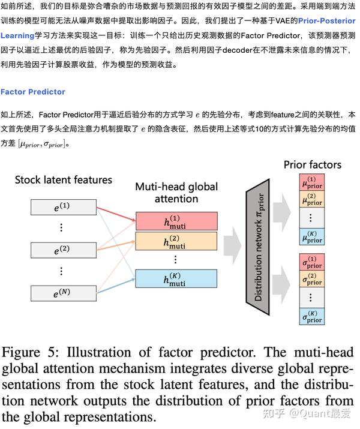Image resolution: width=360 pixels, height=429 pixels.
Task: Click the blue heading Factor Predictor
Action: pyautogui.click(x=33, y=92)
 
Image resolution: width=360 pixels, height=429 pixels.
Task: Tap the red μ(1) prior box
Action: pyautogui.click(x=311, y=182)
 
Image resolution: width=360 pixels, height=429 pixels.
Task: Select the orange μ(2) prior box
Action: pyautogui.click(x=311, y=199)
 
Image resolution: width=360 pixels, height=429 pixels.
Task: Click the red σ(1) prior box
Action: pyautogui.click(x=311, y=263)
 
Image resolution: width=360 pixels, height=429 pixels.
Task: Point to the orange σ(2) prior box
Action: pyautogui.click(x=311, y=280)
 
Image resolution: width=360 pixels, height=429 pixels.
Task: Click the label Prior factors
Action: pyautogui.click(x=312, y=164)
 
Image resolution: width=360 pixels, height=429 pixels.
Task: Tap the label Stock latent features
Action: pyautogui.click(x=63, y=179)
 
